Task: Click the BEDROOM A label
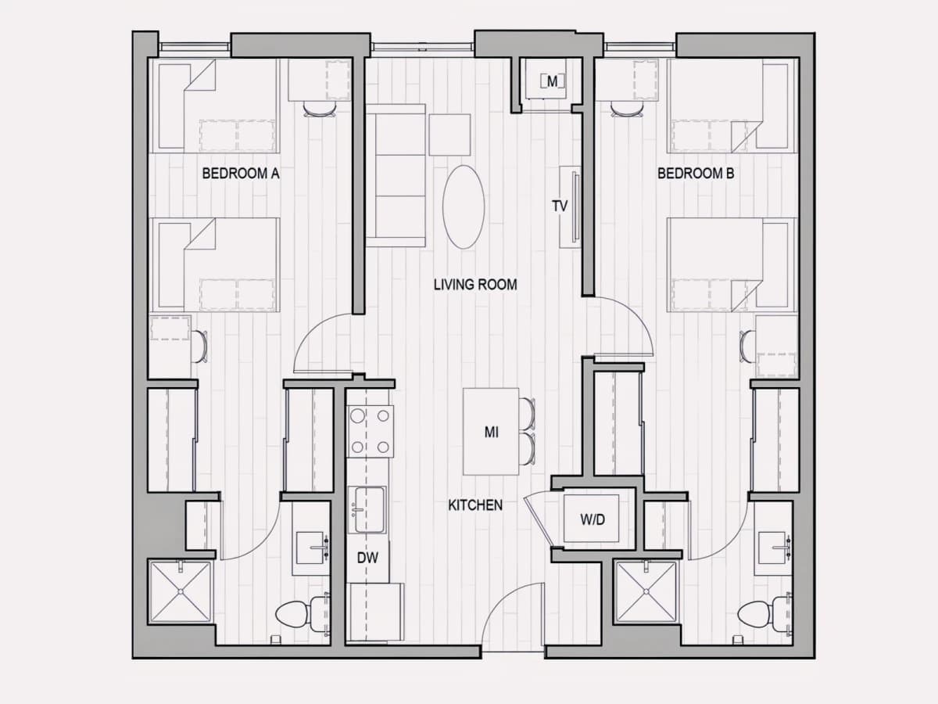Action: pyautogui.click(x=241, y=174)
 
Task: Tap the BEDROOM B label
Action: pyautogui.click(x=696, y=174)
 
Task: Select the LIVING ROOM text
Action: pyautogui.click(x=475, y=285)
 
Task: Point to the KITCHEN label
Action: pyautogui.click(x=475, y=505)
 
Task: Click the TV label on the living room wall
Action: pyautogui.click(x=560, y=207)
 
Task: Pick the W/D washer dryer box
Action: pyautogui.click(x=592, y=519)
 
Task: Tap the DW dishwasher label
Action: pyautogui.click(x=367, y=558)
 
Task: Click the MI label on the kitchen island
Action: pyautogui.click(x=492, y=433)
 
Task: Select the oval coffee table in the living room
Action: pyautogui.click(x=464, y=207)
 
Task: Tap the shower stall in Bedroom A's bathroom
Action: pyautogui.click(x=181, y=592)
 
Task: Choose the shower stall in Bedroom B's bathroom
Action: pyautogui.click(x=646, y=592)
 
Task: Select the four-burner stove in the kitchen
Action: pyautogui.click(x=370, y=431)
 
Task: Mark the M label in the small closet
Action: pyautogui.click(x=552, y=81)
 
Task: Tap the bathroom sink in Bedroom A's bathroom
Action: pyautogui.click(x=311, y=548)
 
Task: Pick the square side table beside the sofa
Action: pyautogui.click(x=450, y=135)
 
